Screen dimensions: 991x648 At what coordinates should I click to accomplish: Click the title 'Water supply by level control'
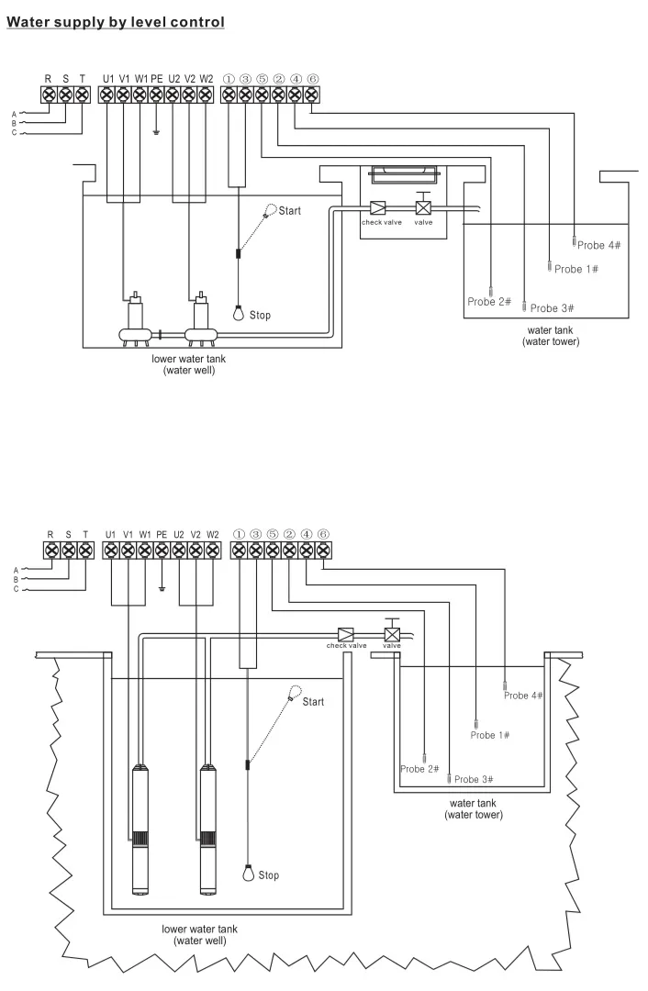[116, 21]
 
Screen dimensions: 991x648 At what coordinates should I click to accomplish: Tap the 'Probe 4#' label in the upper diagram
[598, 246]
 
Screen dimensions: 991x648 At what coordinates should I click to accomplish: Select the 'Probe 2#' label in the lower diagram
[419, 769]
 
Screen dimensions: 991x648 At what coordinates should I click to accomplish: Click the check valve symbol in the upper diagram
[377, 208]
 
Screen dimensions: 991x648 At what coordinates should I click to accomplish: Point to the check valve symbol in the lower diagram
[347, 634]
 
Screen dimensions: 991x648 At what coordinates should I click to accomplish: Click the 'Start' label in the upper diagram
[289, 211]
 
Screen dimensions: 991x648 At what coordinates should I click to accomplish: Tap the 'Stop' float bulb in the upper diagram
[239, 314]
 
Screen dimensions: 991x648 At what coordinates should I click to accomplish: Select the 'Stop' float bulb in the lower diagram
[248, 873]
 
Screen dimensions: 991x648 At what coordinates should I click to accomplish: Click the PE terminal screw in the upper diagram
[156, 95]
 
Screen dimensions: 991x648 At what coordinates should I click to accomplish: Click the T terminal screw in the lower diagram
[85, 551]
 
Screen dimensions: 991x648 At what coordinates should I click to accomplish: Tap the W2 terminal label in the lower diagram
[212, 534]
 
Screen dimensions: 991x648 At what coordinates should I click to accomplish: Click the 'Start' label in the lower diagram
[313, 702]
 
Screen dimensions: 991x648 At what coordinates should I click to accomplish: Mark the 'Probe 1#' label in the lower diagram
[490, 735]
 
